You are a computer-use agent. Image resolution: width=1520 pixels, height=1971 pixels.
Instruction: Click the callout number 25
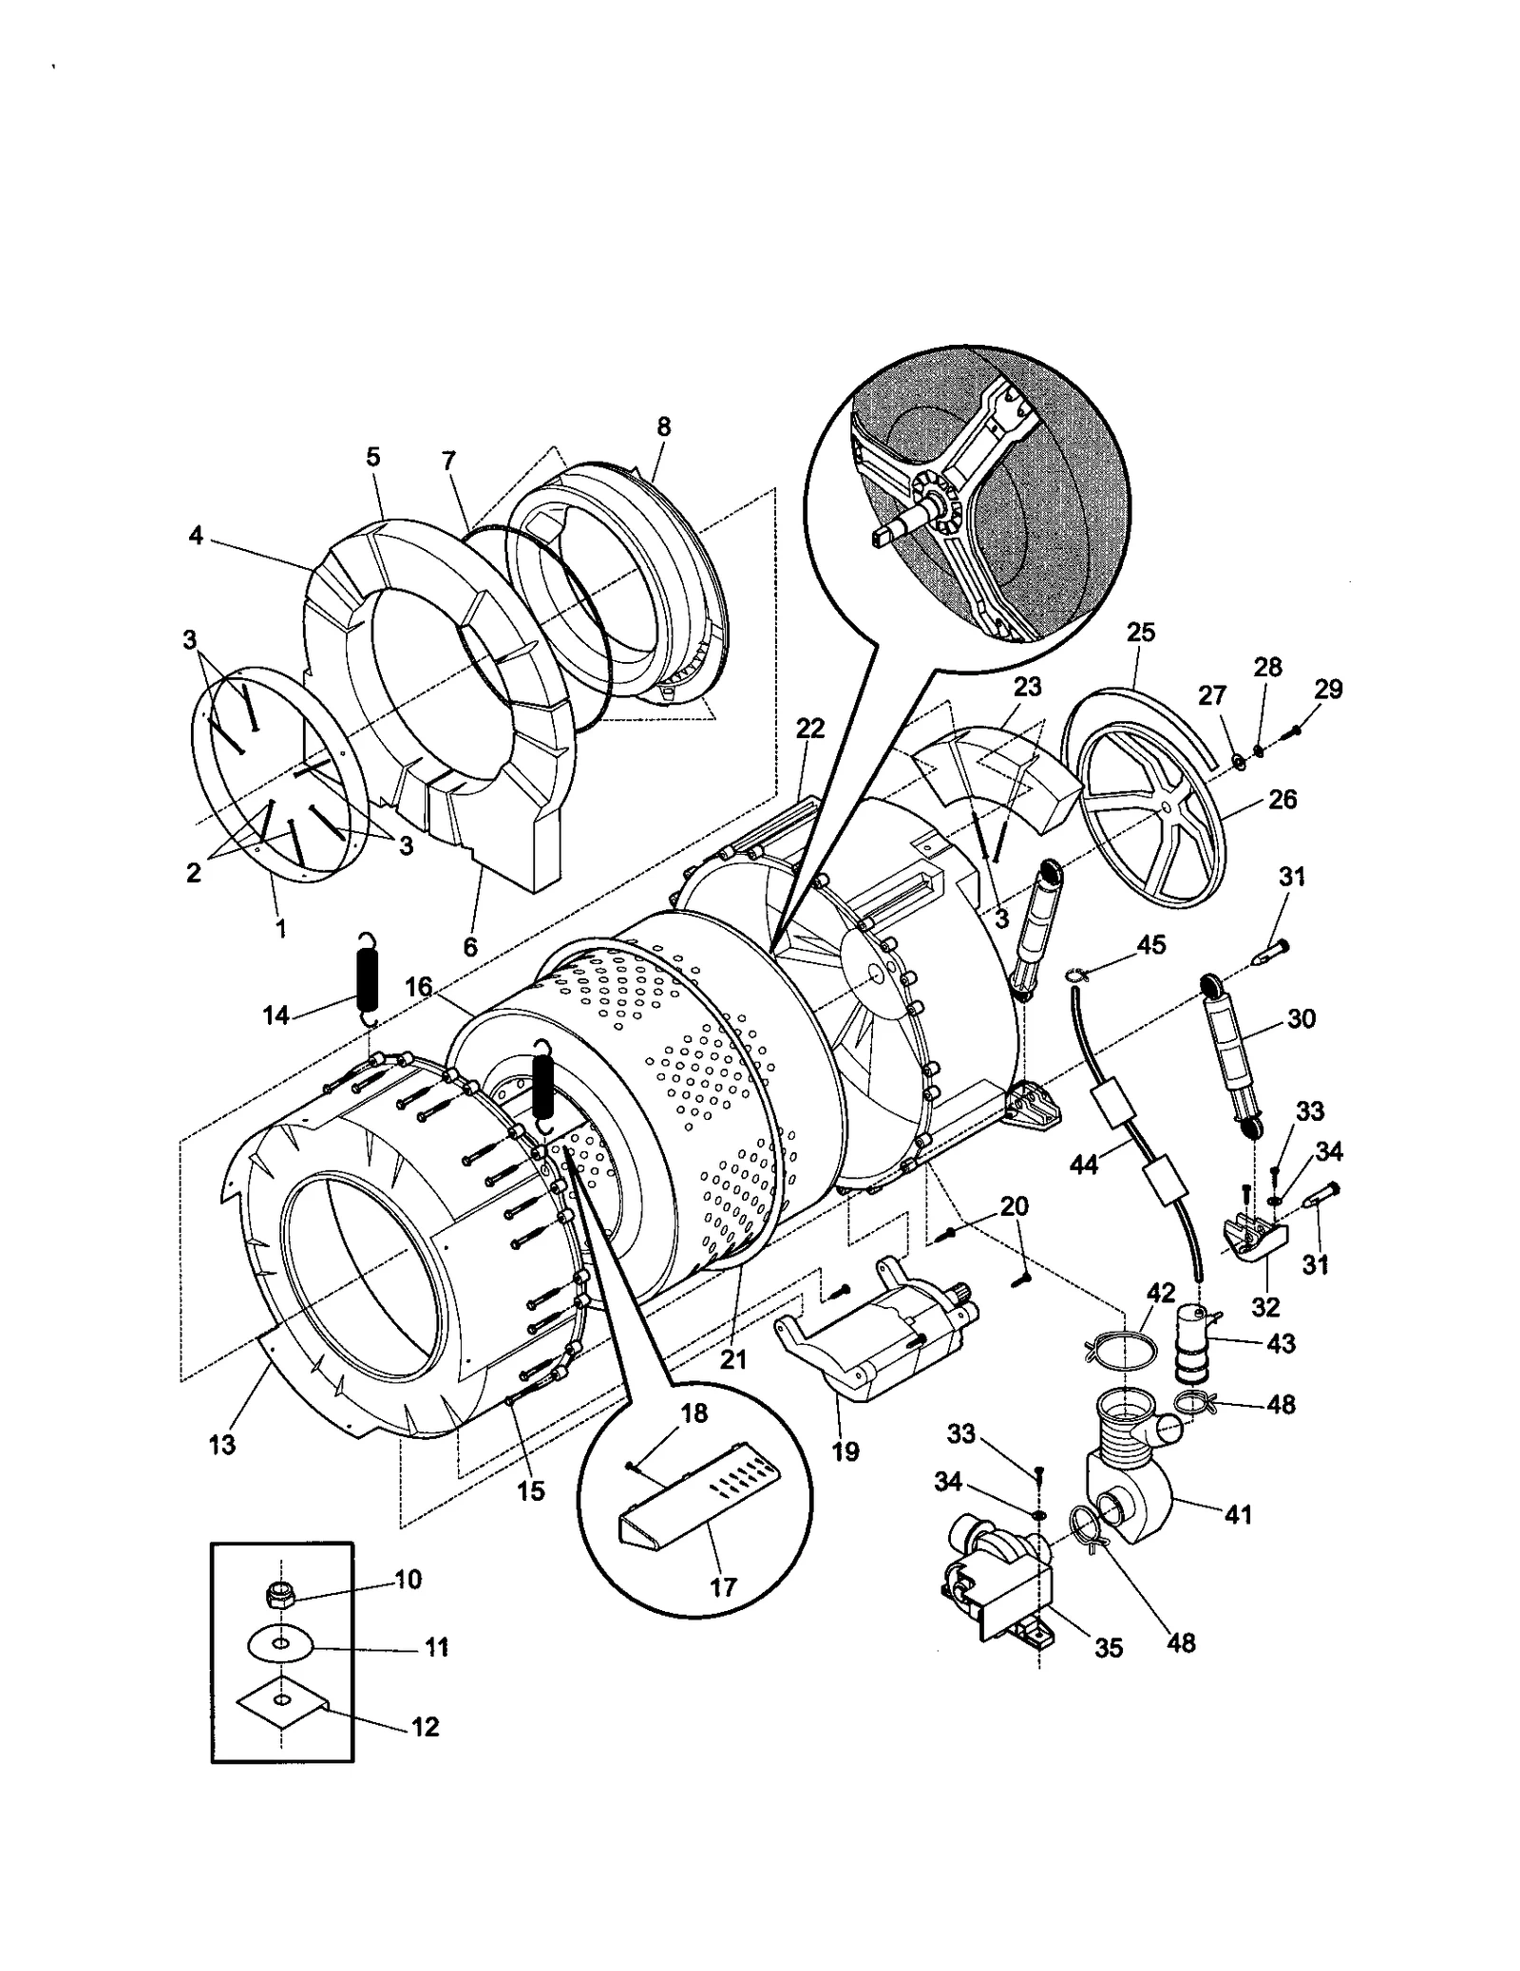pyautogui.click(x=1140, y=633)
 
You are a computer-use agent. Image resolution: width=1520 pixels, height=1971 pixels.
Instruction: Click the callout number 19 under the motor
pyautogui.click(x=845, y=1451)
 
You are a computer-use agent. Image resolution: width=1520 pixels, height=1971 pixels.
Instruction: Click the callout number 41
pyautogui.click(x=1237, y=1514)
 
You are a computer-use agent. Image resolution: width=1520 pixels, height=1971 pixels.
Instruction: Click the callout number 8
pyautogui.click(x=663, y=428)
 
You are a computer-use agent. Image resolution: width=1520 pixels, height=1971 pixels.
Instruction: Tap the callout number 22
pyautogui.click(x=810, y=729)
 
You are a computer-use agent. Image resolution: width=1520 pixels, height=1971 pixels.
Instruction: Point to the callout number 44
pyautogui.click(x=1083, y=1164)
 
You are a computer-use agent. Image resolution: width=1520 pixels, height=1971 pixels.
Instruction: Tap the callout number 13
pyautogui.click(x=221, y=1445)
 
